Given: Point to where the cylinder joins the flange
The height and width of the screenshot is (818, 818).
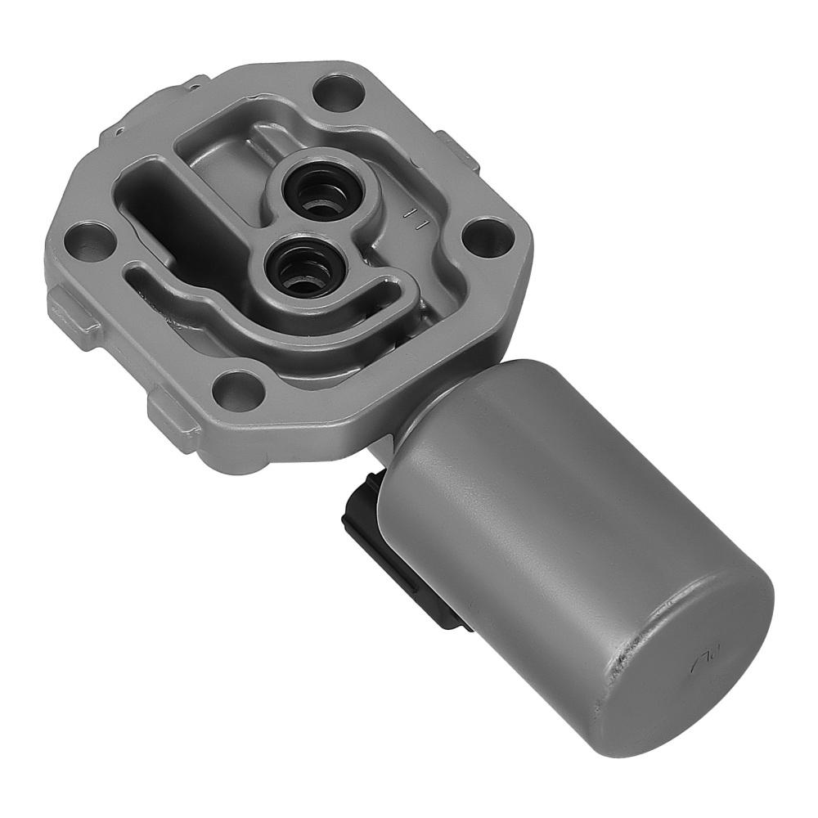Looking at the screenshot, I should tap(409, 417).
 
